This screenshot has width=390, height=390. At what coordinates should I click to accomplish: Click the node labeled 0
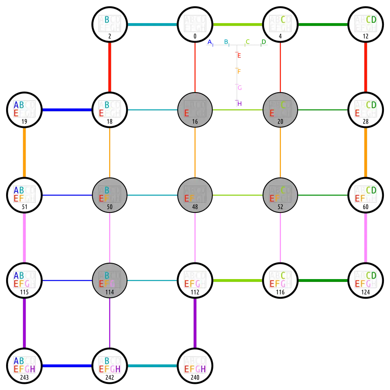195,24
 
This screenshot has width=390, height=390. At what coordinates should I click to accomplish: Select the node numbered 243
24,366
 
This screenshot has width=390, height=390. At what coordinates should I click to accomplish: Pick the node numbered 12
366,24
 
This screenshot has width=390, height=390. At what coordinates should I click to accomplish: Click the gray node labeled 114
110,280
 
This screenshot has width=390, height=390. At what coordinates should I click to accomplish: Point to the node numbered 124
366,280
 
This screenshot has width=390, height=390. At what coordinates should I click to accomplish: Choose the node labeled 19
24,110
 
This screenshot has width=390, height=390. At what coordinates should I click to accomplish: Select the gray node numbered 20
280,110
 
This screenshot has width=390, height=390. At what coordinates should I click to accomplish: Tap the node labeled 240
195,366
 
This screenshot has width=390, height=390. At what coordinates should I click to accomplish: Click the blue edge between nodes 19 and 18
67,110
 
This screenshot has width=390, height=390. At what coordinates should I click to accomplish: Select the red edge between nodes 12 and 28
366,67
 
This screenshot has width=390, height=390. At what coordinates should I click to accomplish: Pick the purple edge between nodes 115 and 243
24,323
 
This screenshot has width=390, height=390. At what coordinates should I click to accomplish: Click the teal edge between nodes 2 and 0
152,24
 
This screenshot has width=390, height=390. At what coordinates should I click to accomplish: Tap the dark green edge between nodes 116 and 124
323,280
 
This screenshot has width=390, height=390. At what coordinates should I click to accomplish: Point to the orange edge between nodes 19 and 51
24,152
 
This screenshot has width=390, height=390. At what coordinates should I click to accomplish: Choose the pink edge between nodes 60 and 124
366,238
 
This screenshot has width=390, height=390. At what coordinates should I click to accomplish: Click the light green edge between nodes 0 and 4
238,24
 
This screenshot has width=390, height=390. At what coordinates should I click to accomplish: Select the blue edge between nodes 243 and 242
67,366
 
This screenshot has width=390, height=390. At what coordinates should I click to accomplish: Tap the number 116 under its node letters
280,292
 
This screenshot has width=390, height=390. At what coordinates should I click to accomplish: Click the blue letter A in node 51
16,190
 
